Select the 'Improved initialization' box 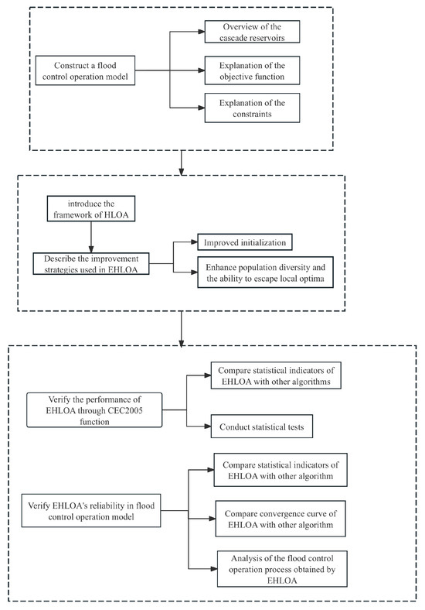(244, 243)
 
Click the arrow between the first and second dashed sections (181, 162)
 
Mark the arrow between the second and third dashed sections (181, 327)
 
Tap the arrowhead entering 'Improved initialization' (196, 243)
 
